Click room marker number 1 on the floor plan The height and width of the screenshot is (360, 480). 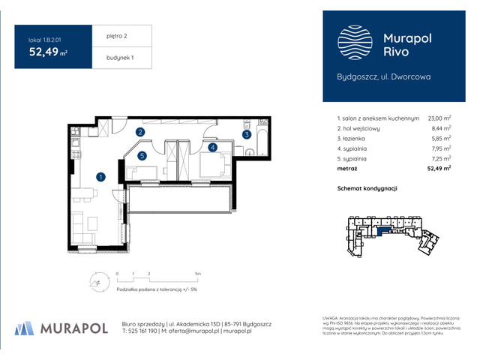click(x=100, y=177)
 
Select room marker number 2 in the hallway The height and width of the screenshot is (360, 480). click(x=140, y=133)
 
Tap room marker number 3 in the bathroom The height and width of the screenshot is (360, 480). click(x=245, y=135)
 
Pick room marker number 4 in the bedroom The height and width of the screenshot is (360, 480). click(x=212, y=148)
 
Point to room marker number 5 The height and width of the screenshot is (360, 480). click(x=141, y=156)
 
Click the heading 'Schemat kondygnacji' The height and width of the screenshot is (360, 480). click(x=367, y=188)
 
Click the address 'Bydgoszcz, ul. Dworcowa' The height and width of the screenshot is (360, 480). click(x=382, y=76)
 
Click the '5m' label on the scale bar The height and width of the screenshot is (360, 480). click(x=196, y=274)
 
